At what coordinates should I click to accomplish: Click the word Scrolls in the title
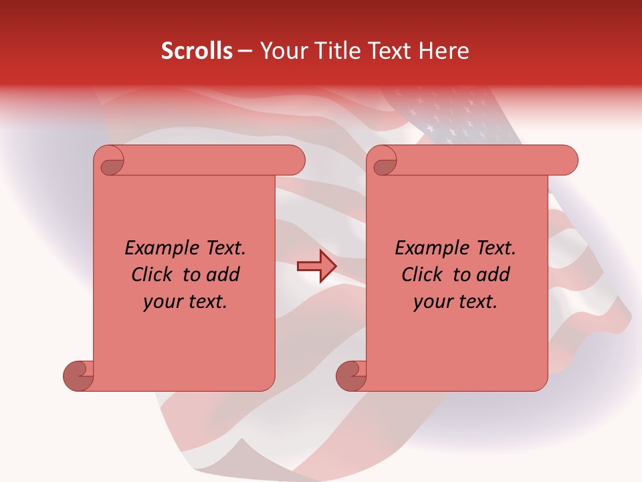197,51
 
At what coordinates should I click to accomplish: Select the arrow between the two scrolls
316,266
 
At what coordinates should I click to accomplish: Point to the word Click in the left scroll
154,274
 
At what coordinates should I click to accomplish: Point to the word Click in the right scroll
424,274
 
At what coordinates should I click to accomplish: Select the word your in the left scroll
162,302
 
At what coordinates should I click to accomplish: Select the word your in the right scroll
432,302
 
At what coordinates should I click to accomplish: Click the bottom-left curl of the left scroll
79,374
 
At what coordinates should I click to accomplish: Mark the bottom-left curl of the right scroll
351,374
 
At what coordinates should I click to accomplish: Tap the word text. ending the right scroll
476,302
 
